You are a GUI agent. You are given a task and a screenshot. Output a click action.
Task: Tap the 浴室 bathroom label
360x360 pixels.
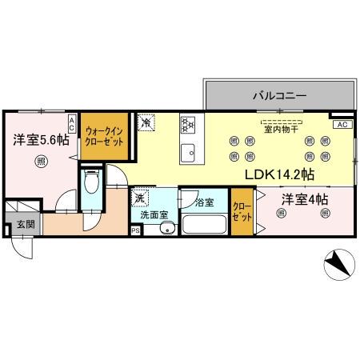point(204,203)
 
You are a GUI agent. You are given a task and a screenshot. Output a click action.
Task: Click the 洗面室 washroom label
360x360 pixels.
point(153,214)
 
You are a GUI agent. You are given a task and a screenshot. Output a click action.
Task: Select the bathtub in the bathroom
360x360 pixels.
point(203,222)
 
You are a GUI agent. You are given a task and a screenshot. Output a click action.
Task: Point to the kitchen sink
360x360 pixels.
point(188,152)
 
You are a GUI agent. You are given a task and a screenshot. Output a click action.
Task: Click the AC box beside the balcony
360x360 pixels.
point(341,125)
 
